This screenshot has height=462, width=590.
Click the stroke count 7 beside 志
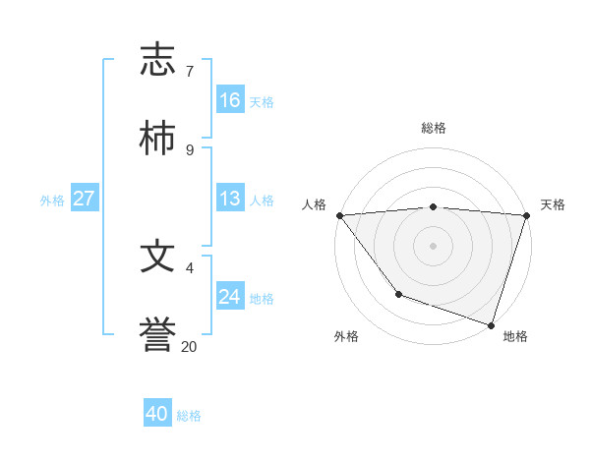point(189,72)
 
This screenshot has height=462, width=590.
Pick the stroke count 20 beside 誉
point(189,346)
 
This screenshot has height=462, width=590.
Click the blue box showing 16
point(230,100)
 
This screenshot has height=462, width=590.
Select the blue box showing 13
point(230,199)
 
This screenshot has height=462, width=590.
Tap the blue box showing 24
point(230,296)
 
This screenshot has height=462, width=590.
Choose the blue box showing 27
point(84,199)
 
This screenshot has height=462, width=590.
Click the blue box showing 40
point(157,414)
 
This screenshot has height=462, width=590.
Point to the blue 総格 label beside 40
point(189,416)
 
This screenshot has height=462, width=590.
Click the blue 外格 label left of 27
point(52,201)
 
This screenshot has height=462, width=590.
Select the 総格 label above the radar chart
point(434,128)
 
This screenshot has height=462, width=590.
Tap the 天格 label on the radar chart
point(553,204)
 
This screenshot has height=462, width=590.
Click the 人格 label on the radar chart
point(314,204)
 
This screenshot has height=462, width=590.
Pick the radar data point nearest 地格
point(491,324)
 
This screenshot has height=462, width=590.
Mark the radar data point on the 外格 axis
point(398,294)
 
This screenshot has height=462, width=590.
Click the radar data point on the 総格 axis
point(434,206)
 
